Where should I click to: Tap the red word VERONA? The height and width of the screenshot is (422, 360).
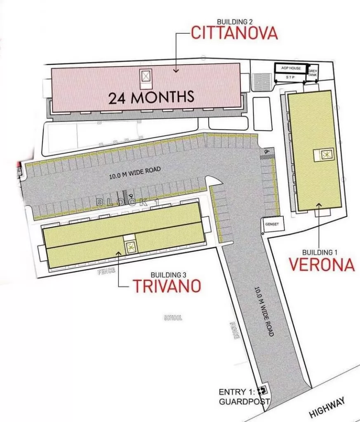322,264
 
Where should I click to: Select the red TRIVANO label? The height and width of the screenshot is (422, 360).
167,285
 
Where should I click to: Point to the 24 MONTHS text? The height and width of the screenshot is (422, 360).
151,97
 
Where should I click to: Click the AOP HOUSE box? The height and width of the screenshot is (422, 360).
291,68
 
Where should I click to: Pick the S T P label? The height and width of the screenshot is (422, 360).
291,77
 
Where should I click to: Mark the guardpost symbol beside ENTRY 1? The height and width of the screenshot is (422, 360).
261,390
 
